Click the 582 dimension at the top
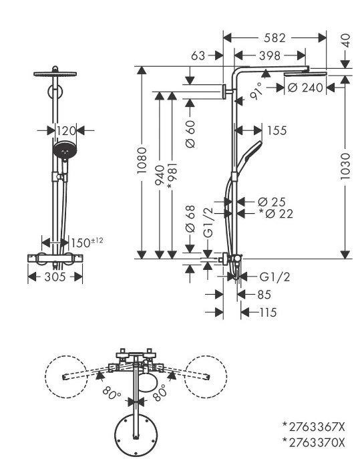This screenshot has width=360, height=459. pos(275,38)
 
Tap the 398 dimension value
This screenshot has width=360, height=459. pos(270,55)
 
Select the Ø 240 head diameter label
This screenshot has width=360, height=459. pos(305,88)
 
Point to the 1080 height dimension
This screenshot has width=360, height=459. pos(142,160)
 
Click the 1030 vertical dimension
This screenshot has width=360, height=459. pos(345,166)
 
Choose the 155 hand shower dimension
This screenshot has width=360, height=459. pos(277,130)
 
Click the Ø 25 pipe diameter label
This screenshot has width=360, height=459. pos(272,202)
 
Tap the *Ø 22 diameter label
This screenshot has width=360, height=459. pos(276,214)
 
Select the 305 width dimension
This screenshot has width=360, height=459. pos(55,277)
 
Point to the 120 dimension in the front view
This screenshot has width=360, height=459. pos(66,131)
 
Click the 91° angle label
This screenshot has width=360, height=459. pos(256,92)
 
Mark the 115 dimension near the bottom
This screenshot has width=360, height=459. pos(268,313)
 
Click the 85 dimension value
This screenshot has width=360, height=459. pos(264,295)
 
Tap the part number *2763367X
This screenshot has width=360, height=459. pos(313,427)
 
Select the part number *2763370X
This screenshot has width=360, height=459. pos(313,442)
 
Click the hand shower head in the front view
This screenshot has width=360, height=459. pos(65,150)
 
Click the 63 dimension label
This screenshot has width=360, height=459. pos(198,55)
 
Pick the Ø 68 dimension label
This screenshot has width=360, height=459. pos(190,219)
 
